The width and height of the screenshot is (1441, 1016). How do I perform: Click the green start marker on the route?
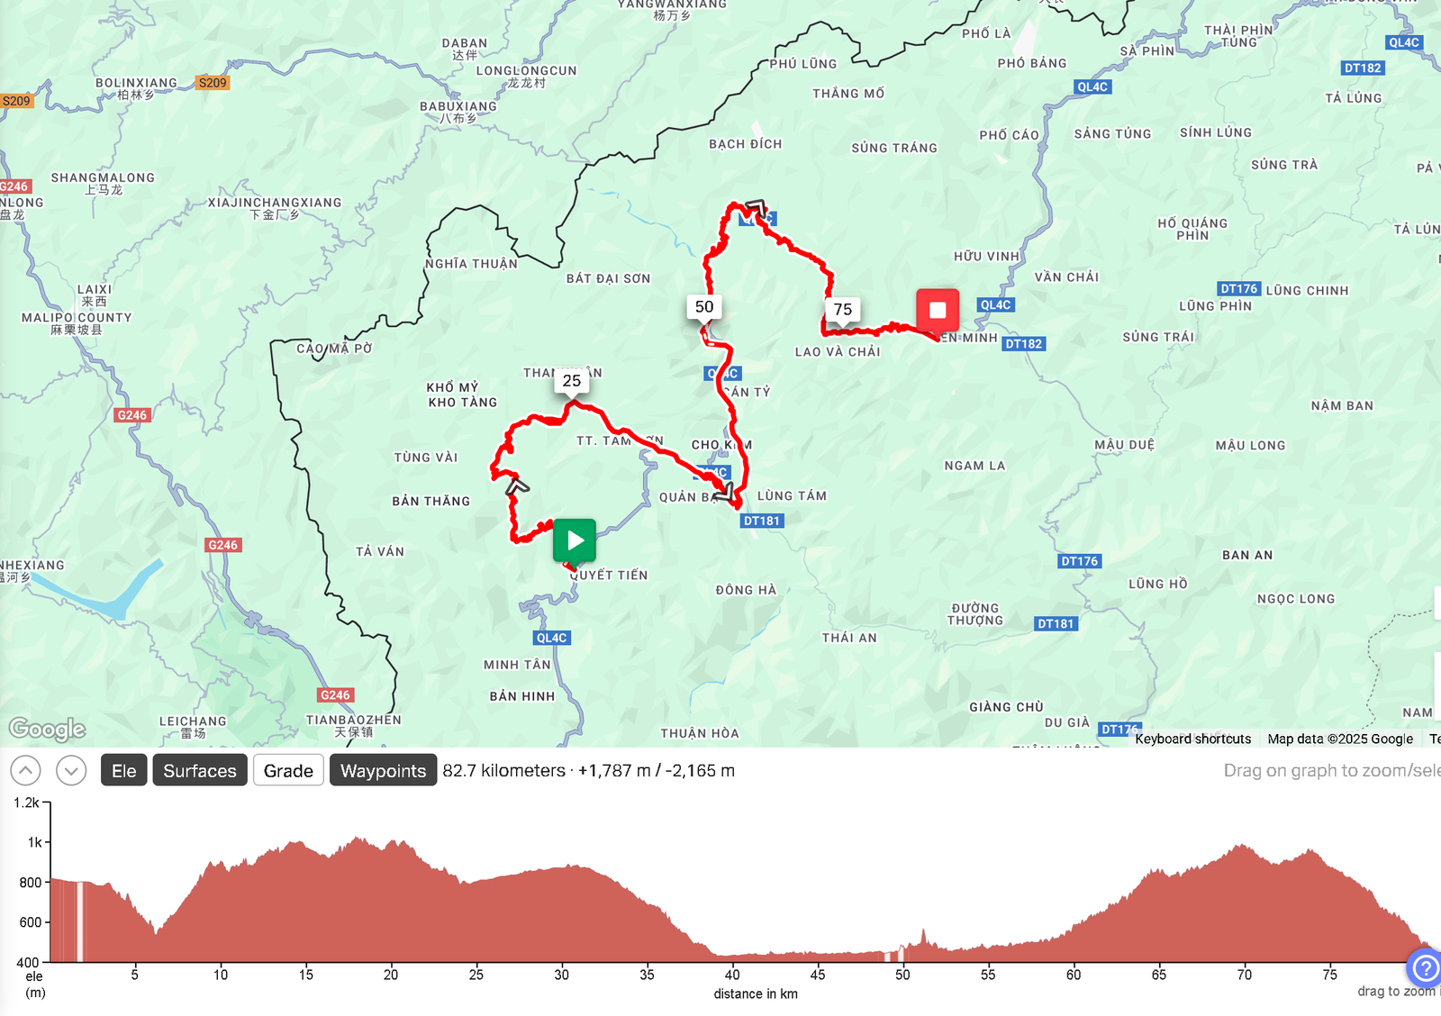pos(575,540)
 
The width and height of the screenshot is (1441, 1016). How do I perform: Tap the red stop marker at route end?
pos(938,310)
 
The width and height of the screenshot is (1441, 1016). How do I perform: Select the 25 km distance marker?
pos(572,381)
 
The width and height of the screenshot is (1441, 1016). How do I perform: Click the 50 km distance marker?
pos(704,307)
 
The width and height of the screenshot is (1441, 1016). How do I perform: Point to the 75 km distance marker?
pos(843,310)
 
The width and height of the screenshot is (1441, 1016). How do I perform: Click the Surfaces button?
pos(200,771)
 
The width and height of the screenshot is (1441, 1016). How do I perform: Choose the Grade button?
pos(288,771)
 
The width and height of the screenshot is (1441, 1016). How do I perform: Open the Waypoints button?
pos(383,771)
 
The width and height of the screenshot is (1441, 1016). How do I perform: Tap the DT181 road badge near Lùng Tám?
pos(762,521)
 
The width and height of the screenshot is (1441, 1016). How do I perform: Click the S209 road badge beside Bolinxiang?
pos(213,83)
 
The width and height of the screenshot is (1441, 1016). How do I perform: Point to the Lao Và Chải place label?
pos(838,352)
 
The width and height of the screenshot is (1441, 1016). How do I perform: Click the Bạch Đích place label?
pos(746,144)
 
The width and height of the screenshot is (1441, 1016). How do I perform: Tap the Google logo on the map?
pos(47,729)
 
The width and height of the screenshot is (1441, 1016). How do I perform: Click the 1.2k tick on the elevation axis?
pos(26,803)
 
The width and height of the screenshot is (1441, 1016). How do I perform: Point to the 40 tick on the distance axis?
pos(732,975)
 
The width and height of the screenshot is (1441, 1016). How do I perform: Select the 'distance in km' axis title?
pos(756,994)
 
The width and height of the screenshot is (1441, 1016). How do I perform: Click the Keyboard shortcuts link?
pos(1192,739)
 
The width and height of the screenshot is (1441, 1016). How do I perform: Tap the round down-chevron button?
pos(71,771)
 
